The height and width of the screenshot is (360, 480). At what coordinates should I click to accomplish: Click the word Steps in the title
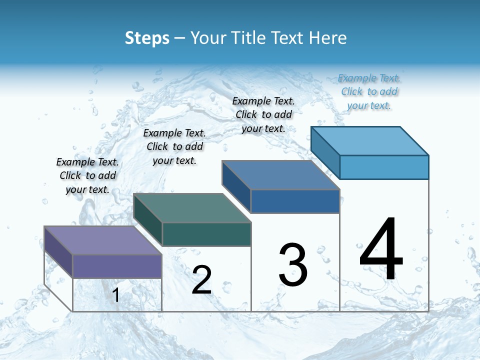click(146, 38)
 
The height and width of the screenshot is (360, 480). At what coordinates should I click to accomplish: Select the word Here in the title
click(328, 38)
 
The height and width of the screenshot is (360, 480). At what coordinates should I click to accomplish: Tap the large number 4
click(381, 249)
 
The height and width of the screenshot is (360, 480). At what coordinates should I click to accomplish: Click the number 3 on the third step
click(293, 265)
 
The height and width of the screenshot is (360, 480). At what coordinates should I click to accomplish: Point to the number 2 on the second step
click(202, 280)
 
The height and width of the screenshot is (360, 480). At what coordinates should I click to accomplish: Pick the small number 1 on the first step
click(115, 295)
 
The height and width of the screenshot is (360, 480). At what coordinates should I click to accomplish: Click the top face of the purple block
click(103, 240)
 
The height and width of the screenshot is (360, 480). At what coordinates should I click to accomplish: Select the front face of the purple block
click(117, 266)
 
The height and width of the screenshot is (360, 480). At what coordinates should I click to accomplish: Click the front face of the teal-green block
click(206, 234)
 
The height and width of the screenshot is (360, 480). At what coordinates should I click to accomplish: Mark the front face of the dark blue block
click(295, 201)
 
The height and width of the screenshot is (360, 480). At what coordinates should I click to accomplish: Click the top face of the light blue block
click(369, 140)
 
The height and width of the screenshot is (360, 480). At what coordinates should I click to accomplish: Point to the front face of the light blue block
click(384, 167)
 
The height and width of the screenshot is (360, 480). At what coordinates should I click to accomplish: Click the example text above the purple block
click(87, 175)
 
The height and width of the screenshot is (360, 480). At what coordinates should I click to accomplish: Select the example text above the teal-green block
click(174, 146)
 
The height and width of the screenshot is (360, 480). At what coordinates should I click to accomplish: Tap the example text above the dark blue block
click(263, 114)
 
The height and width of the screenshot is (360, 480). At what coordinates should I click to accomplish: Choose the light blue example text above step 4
click(369, 91)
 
